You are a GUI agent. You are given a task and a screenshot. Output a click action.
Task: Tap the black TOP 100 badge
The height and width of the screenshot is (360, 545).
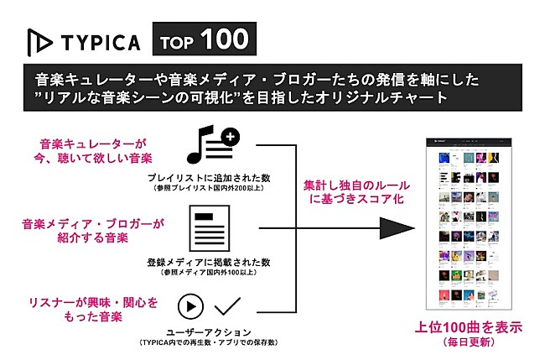coord(200,39)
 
